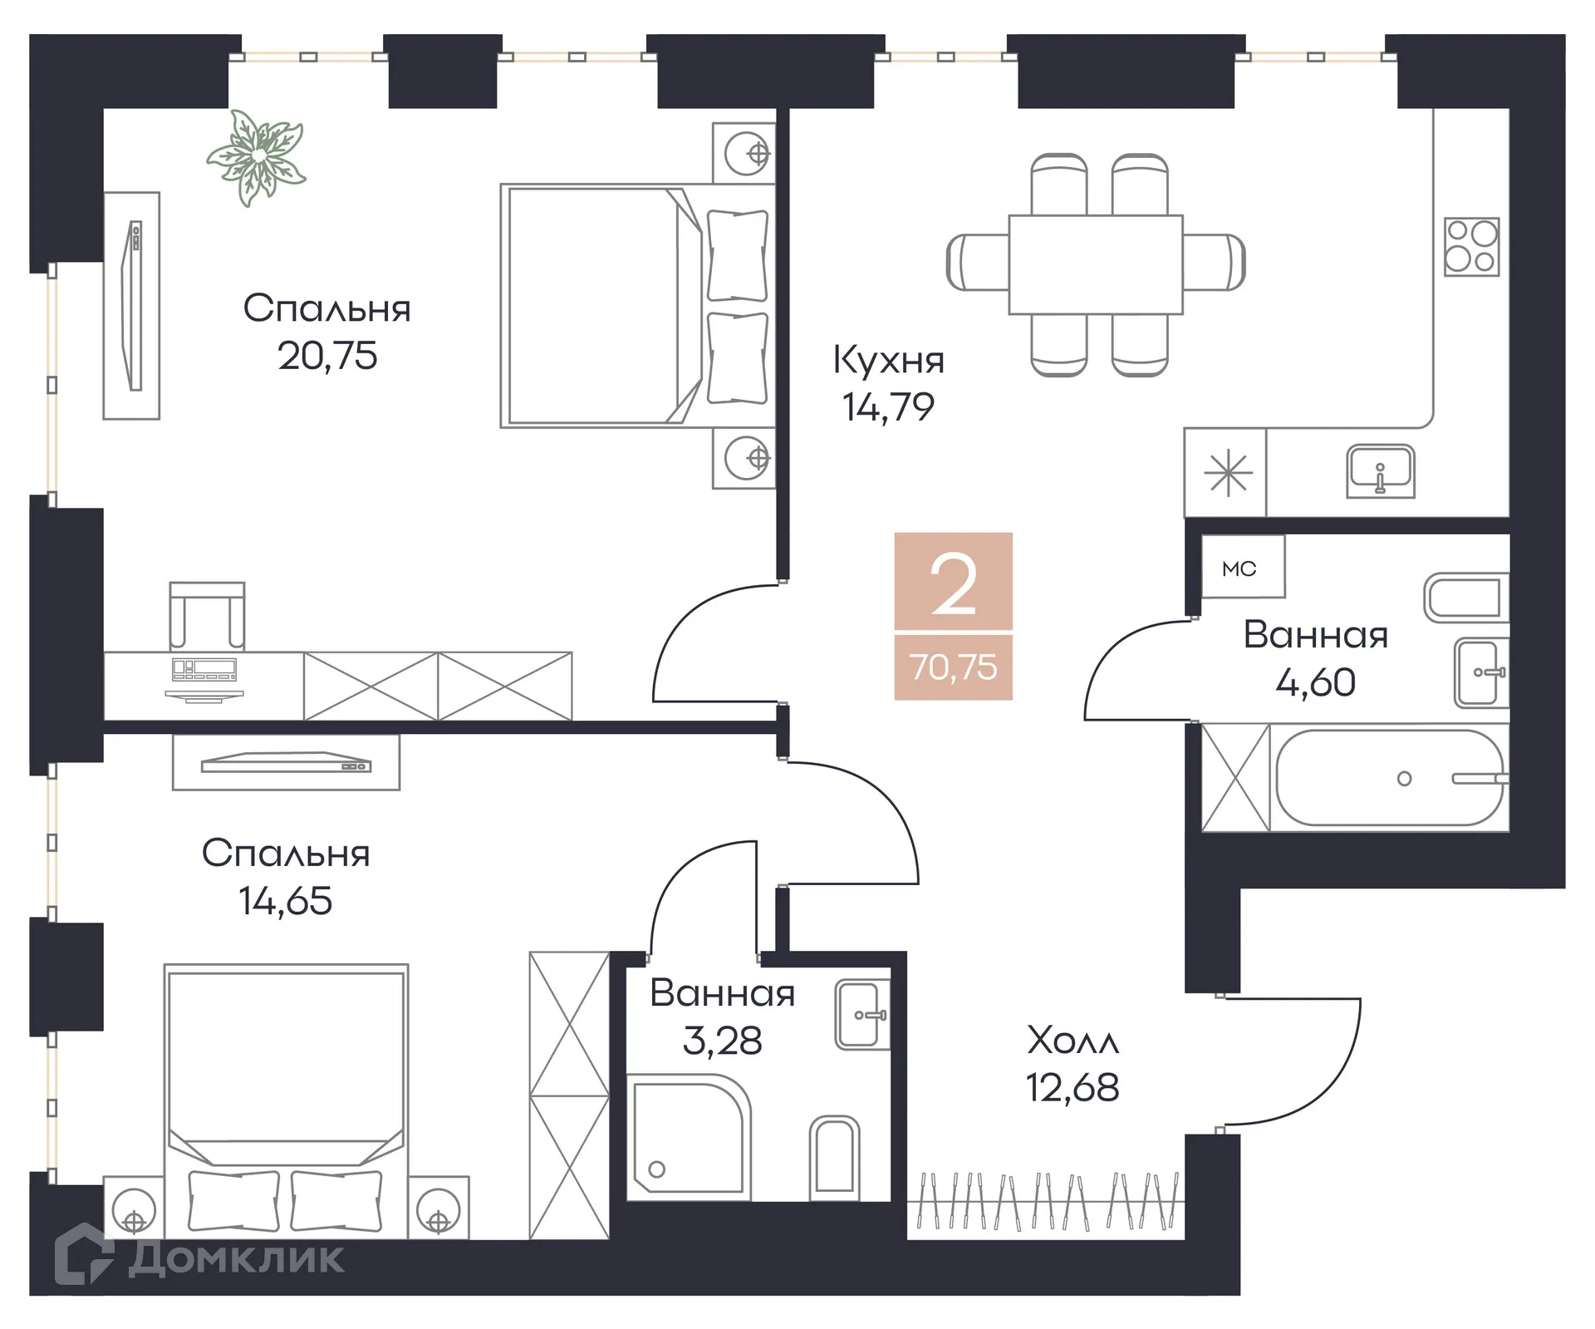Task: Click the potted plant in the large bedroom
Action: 256,156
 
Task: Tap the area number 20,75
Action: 327,356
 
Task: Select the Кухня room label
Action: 888,360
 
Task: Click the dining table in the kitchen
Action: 1095,264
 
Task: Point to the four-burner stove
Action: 1471,246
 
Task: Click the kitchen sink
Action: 1380,471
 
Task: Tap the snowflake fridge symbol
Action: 1228,474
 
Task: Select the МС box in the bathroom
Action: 1239,569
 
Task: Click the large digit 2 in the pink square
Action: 953,585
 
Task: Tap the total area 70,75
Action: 953,667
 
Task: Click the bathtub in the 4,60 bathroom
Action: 1390,778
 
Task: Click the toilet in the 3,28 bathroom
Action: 834,1158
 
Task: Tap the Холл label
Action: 1072,1041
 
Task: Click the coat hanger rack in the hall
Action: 1047,1201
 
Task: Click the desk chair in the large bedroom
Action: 207,615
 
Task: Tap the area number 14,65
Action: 286,901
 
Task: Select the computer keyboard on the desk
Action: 204,668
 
